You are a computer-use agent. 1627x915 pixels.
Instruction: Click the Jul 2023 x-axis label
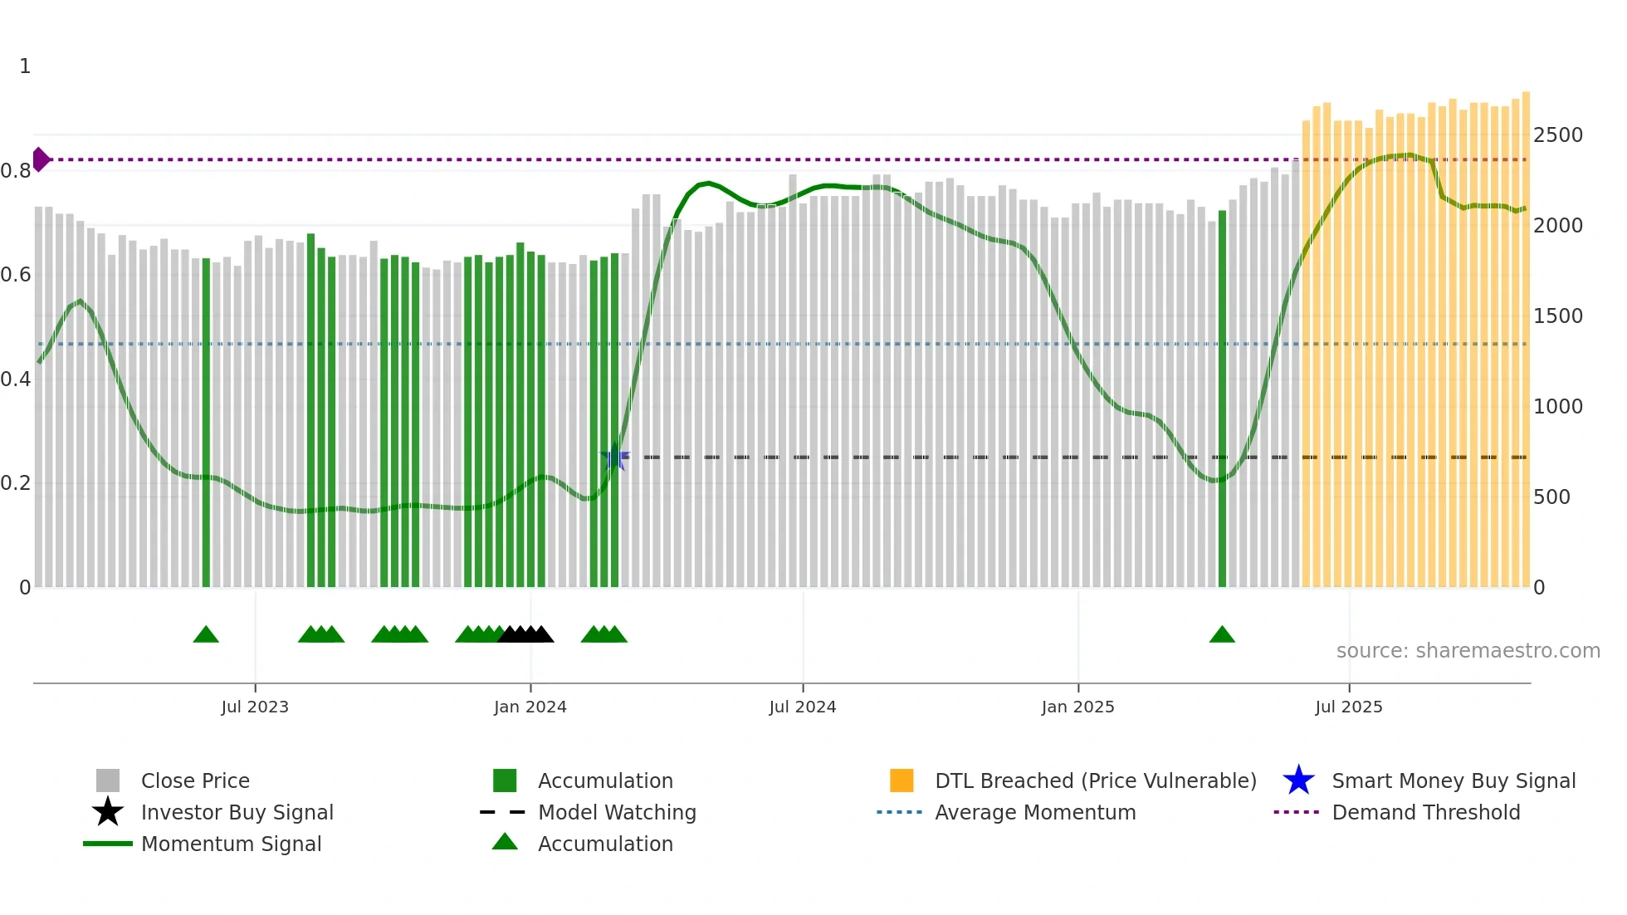click(255, 707)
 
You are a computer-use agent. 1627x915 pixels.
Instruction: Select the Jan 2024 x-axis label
click(530, 707)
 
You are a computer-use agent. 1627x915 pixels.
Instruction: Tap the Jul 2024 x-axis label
click(802, 707)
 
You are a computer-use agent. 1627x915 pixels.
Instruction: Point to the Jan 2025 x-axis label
click(1077, 707)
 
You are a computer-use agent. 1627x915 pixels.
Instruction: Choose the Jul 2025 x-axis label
click(1349, 707)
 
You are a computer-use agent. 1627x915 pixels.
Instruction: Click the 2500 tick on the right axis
click(1557, 135)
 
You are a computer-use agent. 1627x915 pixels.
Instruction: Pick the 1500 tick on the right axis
click(1557, 316)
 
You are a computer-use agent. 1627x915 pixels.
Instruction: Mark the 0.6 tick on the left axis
click(16, 274)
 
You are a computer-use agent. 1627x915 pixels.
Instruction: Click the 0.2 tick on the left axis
click(16, 482)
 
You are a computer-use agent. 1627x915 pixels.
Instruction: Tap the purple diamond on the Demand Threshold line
click(40, 159)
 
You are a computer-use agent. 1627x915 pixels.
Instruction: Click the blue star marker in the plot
click(614, 457)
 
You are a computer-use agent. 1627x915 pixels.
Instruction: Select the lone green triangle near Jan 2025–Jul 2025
click(1222, 635)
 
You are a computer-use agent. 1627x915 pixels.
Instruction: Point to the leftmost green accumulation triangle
click(206, 635)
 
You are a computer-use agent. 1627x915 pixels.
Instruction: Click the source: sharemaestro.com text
click(1468, 650)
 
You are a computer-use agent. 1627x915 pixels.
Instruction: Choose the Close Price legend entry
click(194, 780)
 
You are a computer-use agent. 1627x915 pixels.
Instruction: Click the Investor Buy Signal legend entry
click(237, 812)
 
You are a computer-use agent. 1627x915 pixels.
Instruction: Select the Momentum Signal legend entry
click(231, 844)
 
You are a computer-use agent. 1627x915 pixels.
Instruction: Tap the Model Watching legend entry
click(616, 812)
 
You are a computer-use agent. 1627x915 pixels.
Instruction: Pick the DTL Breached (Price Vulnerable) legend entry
click(1095, 780)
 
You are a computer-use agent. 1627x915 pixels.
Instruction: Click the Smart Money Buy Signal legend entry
click(1453, 780)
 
